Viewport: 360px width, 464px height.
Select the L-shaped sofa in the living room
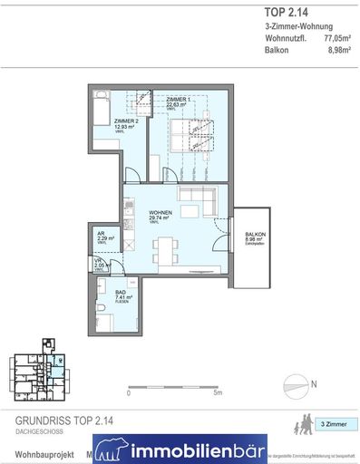tap(197, 201)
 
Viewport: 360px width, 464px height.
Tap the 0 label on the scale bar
tap(129, 393)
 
